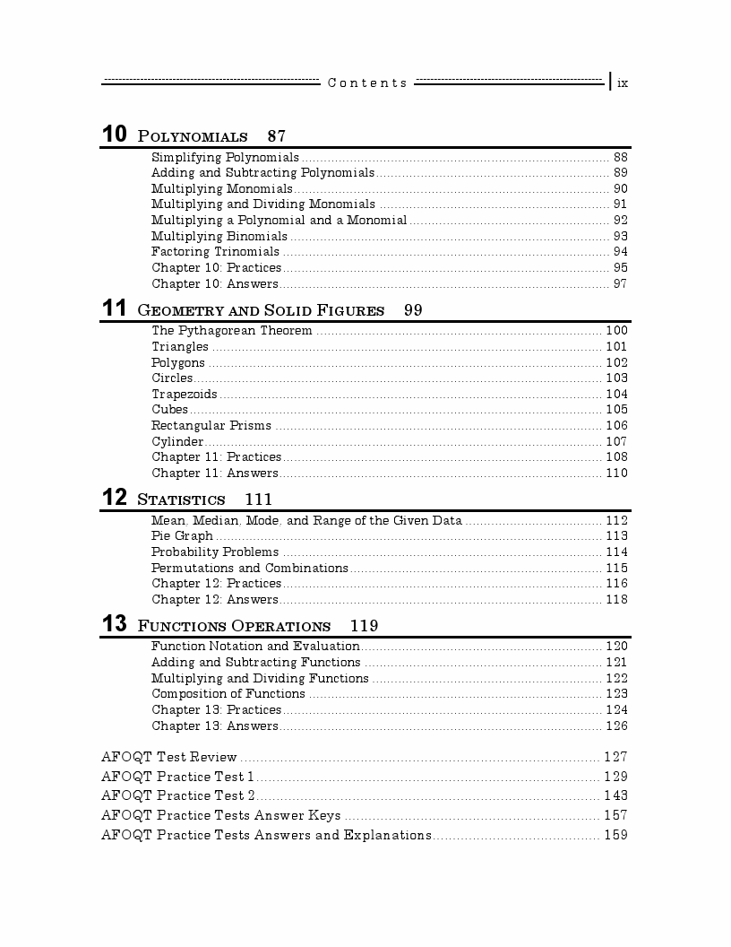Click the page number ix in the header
[x=623, y=83]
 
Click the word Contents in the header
[x=367, y=83]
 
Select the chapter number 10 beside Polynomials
[x=114, y=135]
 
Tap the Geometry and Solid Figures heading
[x=261, y=310]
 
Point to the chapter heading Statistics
[x=181, y=500]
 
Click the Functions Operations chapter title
[x=234, y=626]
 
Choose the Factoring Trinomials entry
[x=215, y=252]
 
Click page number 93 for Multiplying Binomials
[x=620, y=236]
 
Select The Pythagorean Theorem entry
[x=231, y=331]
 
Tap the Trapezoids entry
[x=184, y=394]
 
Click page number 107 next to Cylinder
[x=616, y=441]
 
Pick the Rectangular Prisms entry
[x=211, y=426]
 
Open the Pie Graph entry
[x=182, y=536]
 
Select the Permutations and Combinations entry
[x=249, y=568]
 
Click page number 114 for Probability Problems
[x=616, y=552]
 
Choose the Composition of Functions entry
[x=228, y=693]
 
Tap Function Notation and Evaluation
[x=255, y=646]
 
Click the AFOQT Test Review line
[x=169, y=757]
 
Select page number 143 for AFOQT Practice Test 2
[x=615, y=795]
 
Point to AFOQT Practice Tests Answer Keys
[x=220, y=815]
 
